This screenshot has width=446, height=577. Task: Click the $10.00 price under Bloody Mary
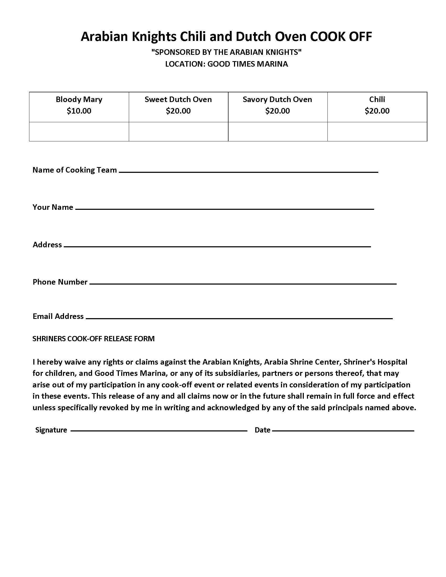click(x=79, y=111)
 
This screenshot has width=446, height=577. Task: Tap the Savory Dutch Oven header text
click(x=277, y=100)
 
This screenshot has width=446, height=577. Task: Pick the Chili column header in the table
click(x=377, y=100)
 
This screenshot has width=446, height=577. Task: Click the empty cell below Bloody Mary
click(x=79, y=132)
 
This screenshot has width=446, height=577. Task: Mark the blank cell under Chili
click(x=377, y=132)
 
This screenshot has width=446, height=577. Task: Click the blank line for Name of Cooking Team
click(x=248, y=172)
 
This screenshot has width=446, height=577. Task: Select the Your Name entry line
click(x=225, y=209)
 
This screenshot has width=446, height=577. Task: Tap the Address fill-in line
click(x=217, y=246)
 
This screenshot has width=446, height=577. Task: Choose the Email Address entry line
click(x=239, y=318)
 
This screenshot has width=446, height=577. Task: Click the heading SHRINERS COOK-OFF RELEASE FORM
click(x=94, y=339)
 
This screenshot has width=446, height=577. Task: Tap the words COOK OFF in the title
click(x=341, y=36)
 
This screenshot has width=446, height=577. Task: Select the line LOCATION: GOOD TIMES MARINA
click(x=226, y=64)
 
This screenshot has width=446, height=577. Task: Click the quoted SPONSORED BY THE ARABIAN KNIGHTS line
click(x=226, y=52)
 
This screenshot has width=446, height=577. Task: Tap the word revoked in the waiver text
click(x=119, y=408)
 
